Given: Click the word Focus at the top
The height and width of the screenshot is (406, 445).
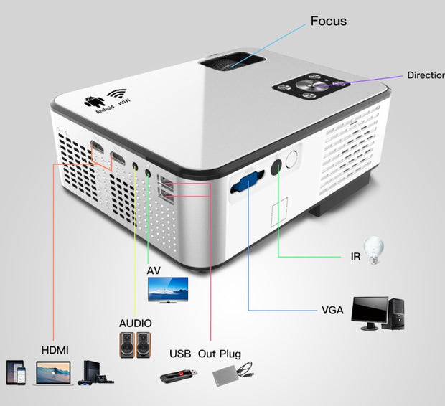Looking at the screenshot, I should point(328,21).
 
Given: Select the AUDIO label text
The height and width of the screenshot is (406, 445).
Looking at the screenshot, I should point(136,324).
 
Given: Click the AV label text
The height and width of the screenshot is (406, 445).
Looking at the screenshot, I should point(154,270).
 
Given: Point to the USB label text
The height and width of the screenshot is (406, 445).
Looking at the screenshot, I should point(180,354).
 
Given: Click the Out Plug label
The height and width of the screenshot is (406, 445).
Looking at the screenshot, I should point(220,354).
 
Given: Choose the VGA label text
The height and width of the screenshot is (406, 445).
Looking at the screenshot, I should point(332,311).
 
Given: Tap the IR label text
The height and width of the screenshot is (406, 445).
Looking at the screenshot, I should point(355,255).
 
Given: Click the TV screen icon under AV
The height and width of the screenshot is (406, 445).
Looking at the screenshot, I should point(167,290).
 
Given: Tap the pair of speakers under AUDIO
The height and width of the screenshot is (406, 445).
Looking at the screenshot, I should point(136,345).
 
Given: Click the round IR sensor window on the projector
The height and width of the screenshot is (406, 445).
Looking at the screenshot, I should point(292,160).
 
